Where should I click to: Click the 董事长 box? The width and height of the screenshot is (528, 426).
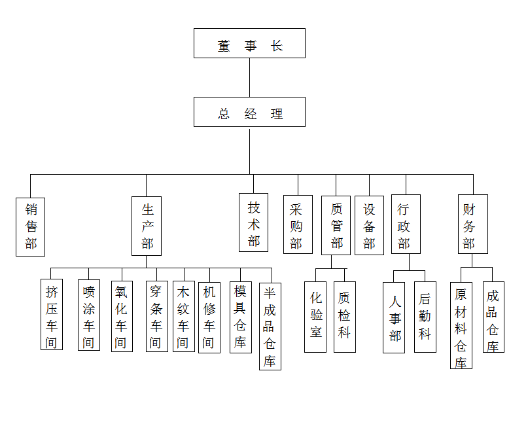coord(249,43)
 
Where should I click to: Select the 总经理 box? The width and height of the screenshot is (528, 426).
coord(249,112)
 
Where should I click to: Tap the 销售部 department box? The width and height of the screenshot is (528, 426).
coord(31,226)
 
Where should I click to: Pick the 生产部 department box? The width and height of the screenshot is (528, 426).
coord(147,226)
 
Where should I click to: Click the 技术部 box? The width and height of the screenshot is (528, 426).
coord(253,223)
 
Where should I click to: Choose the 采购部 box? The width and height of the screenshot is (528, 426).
coord(297,226)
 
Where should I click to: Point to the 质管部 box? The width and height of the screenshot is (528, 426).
coord(336,226)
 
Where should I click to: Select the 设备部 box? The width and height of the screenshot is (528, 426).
coord(369,226)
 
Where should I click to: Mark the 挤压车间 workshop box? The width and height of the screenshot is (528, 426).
coord(52,316)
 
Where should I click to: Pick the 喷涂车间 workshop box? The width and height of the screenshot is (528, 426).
coord(89,316)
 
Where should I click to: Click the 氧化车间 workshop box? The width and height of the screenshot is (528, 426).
coord(121,316)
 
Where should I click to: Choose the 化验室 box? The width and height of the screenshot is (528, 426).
coord(315,317)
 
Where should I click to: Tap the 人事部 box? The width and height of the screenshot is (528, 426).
coord(394,318)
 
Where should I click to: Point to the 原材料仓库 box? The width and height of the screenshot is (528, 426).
coord(461,326)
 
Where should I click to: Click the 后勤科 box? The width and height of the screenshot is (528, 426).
coord(425,317)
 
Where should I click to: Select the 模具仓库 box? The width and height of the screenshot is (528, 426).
coord(240,317)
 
